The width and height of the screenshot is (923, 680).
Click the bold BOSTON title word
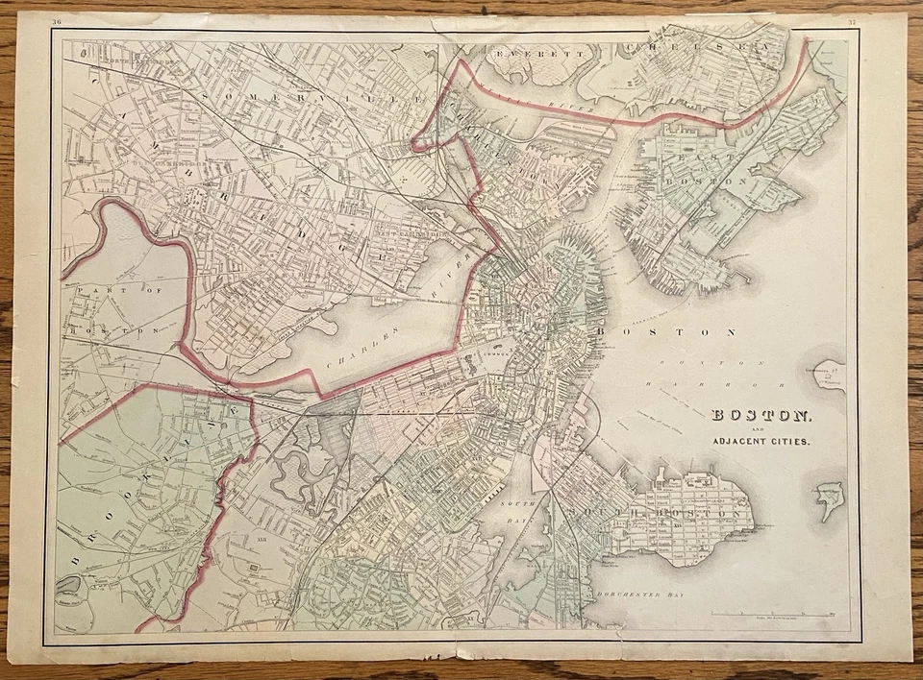tap(761, 416)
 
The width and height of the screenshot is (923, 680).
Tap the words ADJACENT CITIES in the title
tap(761, 442)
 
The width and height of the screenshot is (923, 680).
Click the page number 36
tap(57, 21)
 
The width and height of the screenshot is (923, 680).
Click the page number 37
tap(851, 21)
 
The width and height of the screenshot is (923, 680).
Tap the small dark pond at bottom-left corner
tap(69, 584)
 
